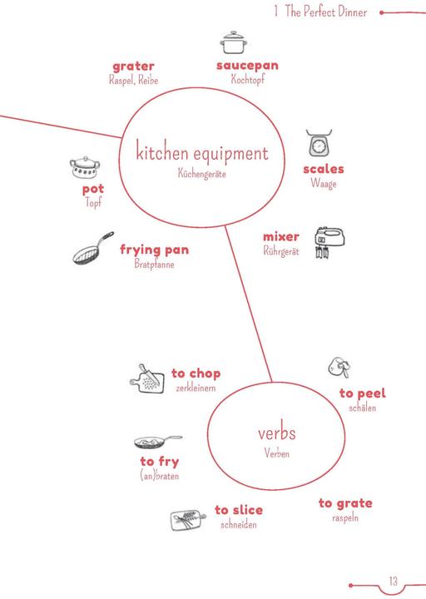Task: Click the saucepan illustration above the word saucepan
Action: point(234,42)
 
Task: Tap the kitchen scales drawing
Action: point(319,143)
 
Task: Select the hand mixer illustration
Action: point(329,243)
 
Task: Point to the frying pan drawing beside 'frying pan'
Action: point(93,248)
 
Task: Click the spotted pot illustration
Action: point(85,167)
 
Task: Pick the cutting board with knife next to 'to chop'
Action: point(147,379)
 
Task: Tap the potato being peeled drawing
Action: point(339,368)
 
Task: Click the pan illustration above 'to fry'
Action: point(158,442)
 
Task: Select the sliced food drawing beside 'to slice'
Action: point(188,519)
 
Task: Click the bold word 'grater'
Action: point(133,67)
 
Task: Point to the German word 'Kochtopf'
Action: point(248,80)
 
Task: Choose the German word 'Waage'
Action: point(324,183)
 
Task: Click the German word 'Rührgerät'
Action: point(281,250)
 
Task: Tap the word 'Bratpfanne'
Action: point(154,264)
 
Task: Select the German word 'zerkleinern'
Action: point(196,389)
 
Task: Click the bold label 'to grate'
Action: point(345,503)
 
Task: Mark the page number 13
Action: point(394,581)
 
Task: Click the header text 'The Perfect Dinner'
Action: point(326,12)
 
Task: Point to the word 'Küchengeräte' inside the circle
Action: point(201,174)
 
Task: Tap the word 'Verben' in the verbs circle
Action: point(276,453)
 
